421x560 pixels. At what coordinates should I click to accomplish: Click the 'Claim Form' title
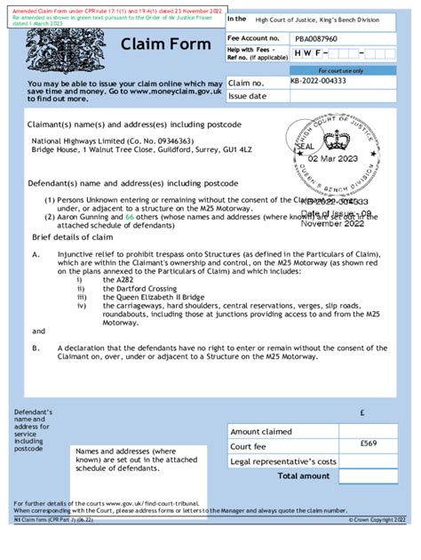click(165, 44)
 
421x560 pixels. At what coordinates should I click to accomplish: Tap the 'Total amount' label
click(307, 476)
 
